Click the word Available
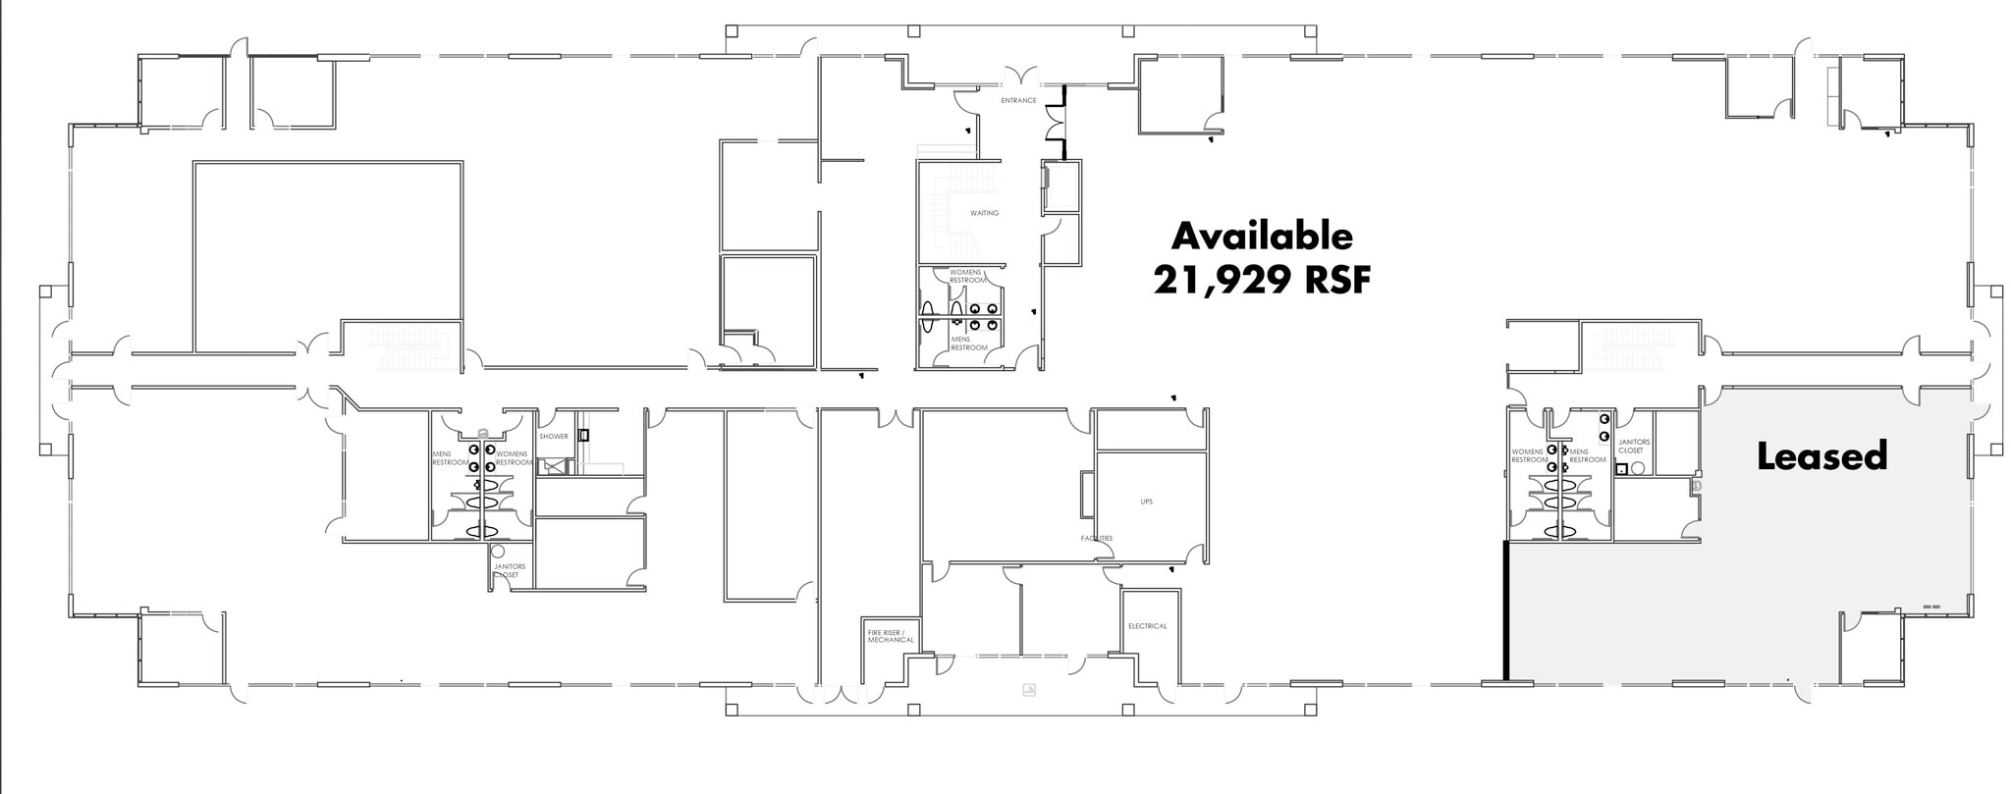(1262, 237)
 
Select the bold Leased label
(1821, 456)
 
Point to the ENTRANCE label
(1018, 101)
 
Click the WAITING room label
(984, 213)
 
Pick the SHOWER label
(553, 437)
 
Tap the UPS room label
(1146, 502)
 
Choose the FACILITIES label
(1097, 539)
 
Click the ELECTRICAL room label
(1147, 626)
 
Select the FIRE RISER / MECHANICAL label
(891, 636)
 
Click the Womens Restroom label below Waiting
(967, 276)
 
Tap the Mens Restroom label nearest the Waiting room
(968, 344)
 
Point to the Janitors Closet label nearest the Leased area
(1634, 446)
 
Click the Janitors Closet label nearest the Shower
(509, 570)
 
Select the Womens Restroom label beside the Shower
(514, 458)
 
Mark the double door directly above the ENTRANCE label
(1018, 76)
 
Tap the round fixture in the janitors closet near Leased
(1637, 469)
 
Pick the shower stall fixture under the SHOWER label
(555, 466)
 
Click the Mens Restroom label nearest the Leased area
(1588, 455)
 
